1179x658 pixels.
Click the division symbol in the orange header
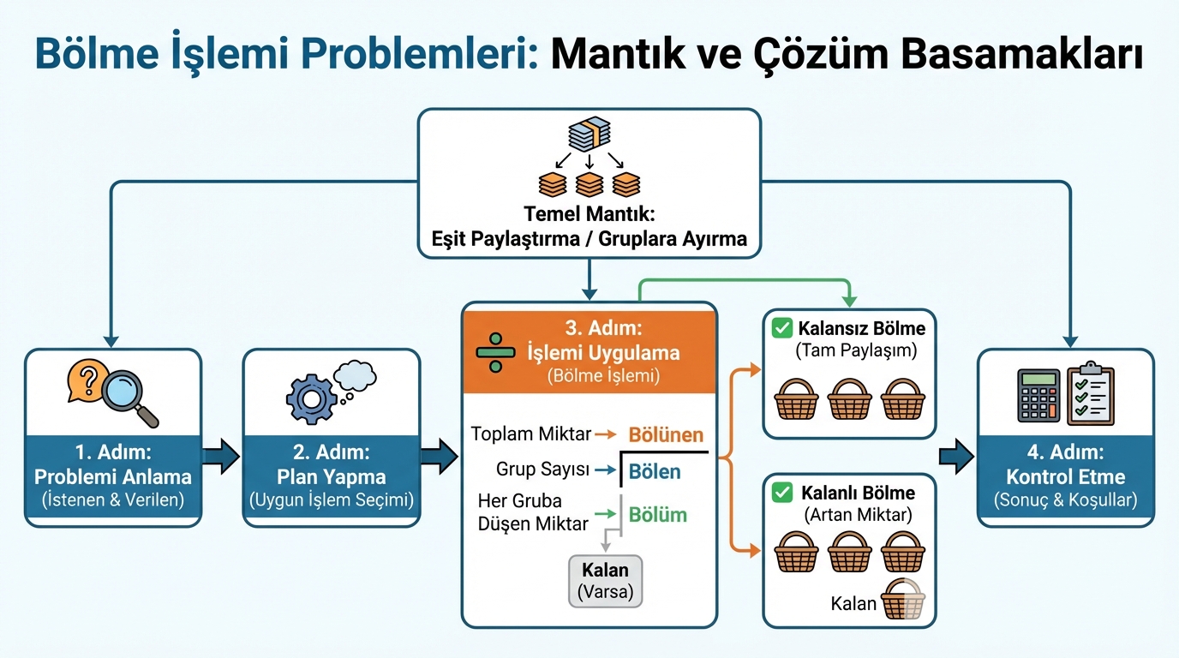494,352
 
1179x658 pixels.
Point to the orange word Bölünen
666,434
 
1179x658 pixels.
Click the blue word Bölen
655,471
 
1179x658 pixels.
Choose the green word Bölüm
658,514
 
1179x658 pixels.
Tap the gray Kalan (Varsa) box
605,580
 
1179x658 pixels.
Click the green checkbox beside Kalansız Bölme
781,327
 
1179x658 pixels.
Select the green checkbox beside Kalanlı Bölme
781,493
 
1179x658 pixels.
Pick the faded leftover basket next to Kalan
904,600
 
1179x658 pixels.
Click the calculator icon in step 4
1038,395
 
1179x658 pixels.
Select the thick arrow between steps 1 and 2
222,457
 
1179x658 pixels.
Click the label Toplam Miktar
530,434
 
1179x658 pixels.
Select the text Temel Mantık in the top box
588,214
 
